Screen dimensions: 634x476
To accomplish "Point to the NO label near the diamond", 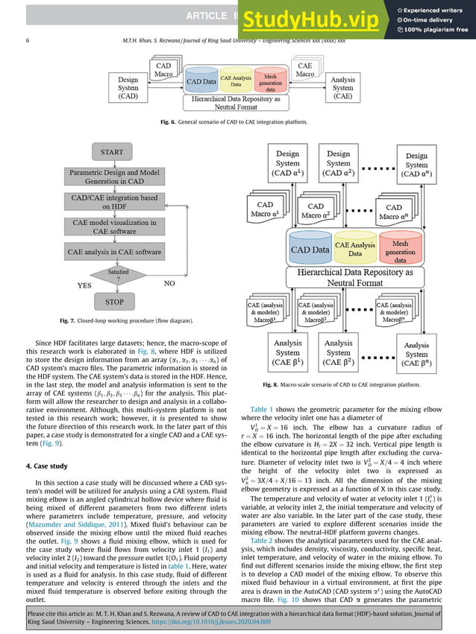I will tap(172, 285).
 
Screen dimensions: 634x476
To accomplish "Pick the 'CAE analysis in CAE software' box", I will tap(114, 252).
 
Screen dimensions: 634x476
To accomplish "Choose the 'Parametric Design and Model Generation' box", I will tap(114, 177).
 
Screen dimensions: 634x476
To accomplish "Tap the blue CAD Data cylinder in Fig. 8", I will tap(310, 250).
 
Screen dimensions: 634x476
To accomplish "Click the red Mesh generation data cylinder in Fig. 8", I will tap(399, 250).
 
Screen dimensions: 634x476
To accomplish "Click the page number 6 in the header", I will tap(28, 41).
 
